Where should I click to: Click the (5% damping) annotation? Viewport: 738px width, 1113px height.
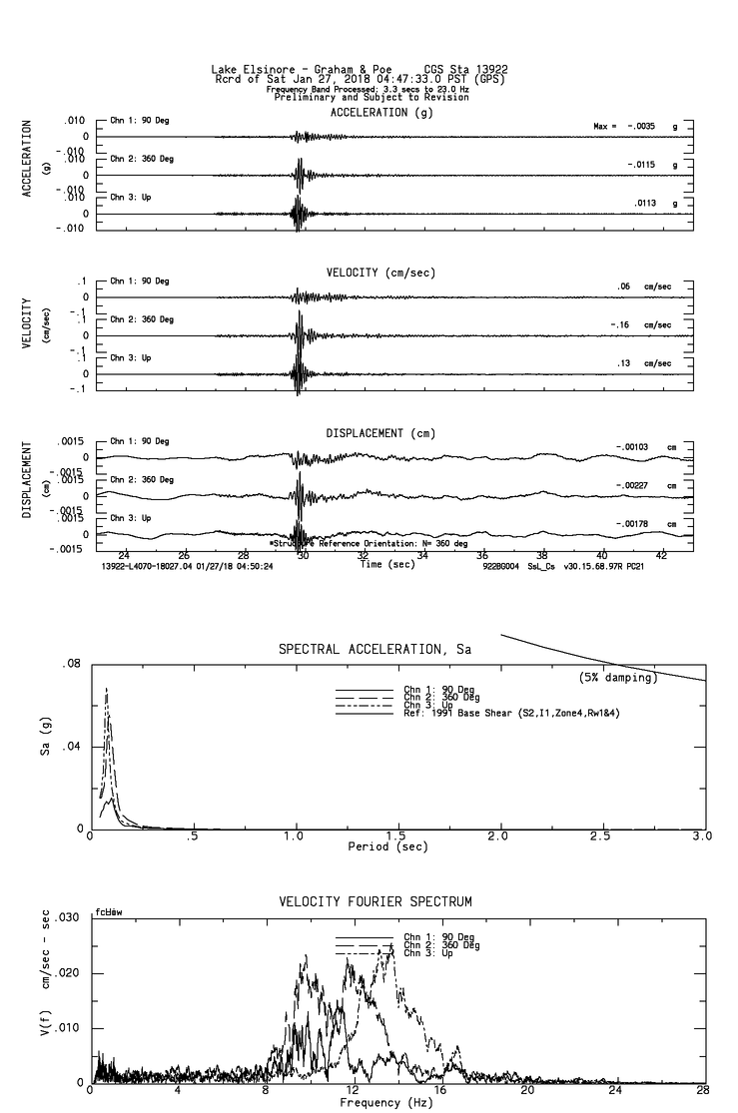pos(617,678)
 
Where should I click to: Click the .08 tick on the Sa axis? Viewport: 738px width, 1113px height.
pos(70,664)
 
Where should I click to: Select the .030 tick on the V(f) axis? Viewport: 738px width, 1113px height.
pos(65,917)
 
